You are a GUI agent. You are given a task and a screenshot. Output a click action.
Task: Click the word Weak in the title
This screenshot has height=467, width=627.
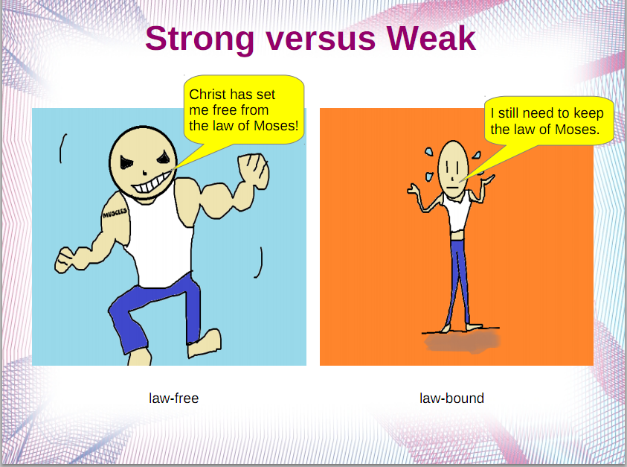(x=431, y=38)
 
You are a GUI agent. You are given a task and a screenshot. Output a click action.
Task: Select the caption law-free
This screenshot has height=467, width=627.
(x=173, y=398)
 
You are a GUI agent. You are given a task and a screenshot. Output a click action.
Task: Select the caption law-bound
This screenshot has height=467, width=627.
(x=451, y=398)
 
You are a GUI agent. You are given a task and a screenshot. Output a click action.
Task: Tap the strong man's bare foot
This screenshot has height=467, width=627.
(x=205, y=345)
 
